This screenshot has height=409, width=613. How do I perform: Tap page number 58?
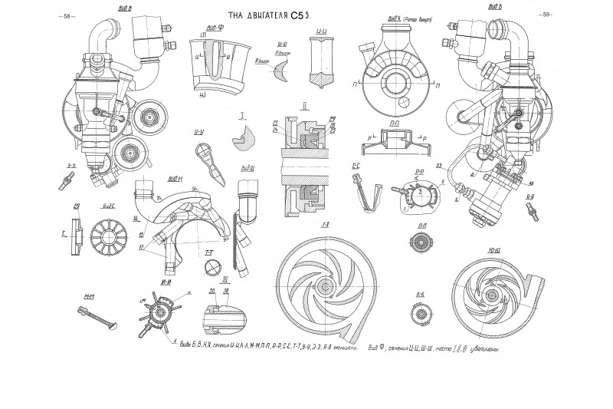click(x=67, y=15)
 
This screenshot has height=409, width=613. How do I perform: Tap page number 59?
click(x=546, y=15)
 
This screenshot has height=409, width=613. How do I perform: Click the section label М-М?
click(x=87, y=295)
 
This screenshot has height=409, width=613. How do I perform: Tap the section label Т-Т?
click(x=209, y=251)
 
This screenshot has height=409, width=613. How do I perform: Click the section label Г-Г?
click(x=325, y=223)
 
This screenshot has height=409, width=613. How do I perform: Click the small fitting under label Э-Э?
click(x=67, y=181)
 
